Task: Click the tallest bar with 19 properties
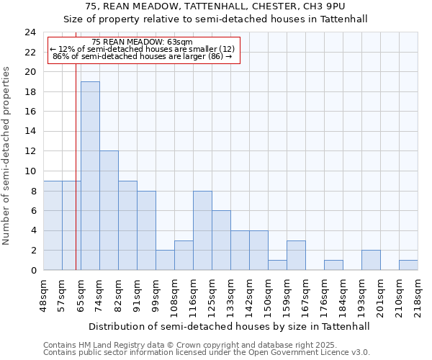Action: pos(90,176)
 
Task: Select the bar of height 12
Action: pos(109,210)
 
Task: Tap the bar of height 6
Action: pos(221,240)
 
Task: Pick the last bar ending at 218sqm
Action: pos(408,265)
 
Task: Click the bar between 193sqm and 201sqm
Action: pos(371,260)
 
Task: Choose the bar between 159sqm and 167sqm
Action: pos(296,255)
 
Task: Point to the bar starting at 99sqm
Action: pos(165,260)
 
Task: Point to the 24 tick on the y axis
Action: pos(30,32)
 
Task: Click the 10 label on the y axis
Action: pos(30,171)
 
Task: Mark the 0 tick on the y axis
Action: pos(33,271)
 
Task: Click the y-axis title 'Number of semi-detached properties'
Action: pos(7,156)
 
